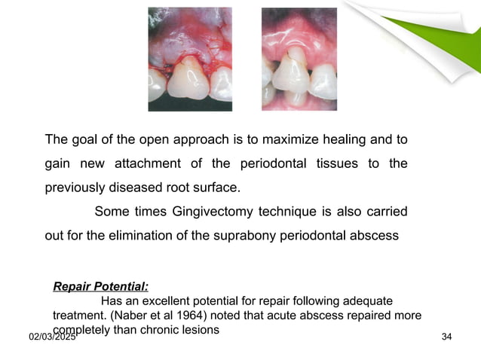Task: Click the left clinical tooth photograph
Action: (x=190, y=59)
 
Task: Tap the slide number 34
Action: (x=446, y=336)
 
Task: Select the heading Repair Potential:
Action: (x=101, y=286)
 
